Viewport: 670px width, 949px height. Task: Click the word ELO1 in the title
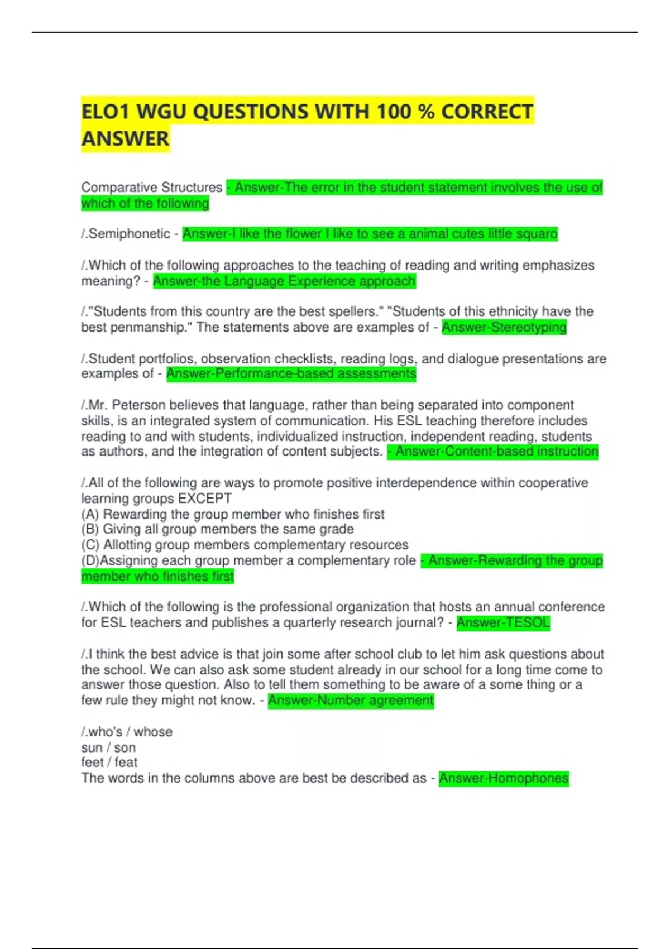(x=106, y=112)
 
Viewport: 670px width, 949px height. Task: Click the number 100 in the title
(x=394, y=112)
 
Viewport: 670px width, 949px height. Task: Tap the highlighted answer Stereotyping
(x=528, y=327)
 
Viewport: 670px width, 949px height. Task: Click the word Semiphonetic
(x=129, y=234)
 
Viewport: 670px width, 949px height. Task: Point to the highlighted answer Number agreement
(x=375, y=701)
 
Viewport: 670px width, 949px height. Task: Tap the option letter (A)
(x=90, y=514)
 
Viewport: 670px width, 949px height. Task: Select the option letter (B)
(x=90, y=529)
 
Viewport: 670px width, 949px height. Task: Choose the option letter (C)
(x=90, y=545)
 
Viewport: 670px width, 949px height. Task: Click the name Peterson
(x=138, y=405)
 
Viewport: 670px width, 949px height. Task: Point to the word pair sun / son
(x=108, y=747)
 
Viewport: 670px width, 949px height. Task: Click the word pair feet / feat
(x=109, y=763)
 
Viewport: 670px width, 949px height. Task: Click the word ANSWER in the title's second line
(x=125, y=138)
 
